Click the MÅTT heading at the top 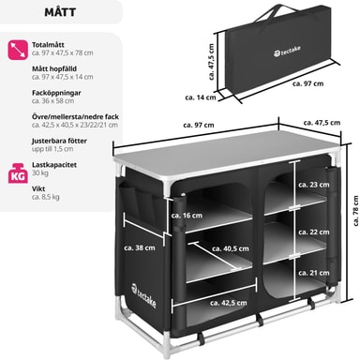[x=60, y=12]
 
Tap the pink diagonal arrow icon [x=18, y=50]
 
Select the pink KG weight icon [x=18, y=173]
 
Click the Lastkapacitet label [x=54, y=165]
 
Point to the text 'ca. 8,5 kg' [x=46, y=197]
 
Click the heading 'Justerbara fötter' [x=59, y=141]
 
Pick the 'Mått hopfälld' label [x=54, y=68]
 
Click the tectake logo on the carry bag [x=288, y=52]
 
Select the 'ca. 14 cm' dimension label [x=201, y=97]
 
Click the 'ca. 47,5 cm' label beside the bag [x=211, y=62]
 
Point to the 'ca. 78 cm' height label [x=355, y=211]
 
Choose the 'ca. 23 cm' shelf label [x=314, y=185]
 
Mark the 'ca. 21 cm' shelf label [x=314, y=273]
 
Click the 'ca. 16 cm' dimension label [x=187, y=216]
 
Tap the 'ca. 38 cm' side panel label [x=140, y=247]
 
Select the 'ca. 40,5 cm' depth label [x=231, y=248]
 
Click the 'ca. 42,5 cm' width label [x=229, y=303]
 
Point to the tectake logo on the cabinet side [x=143, y=295]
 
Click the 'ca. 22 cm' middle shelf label [x=314, y=232]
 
